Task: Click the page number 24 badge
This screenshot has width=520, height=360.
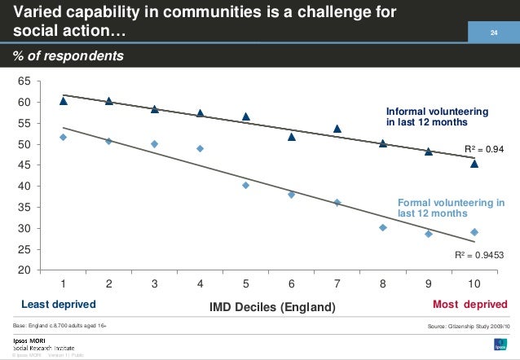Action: (492, 33)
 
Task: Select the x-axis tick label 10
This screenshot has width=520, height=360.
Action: (474, 284)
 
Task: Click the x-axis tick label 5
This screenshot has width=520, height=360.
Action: (245, 284)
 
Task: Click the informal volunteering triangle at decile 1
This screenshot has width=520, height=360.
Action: (64, 101)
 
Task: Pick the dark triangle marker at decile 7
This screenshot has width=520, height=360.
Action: (337, 129)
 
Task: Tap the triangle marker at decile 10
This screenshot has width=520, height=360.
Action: (474, 164)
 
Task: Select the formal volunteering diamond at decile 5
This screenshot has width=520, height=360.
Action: (245, 185)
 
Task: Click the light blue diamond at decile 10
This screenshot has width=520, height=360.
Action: (474, 232)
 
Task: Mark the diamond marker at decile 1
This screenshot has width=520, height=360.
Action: (64, 137)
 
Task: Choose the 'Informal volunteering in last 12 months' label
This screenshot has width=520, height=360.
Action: (437, 116)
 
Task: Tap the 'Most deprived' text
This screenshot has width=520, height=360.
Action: (469, 304)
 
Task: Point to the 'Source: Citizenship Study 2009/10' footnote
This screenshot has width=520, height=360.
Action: (467, 325)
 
